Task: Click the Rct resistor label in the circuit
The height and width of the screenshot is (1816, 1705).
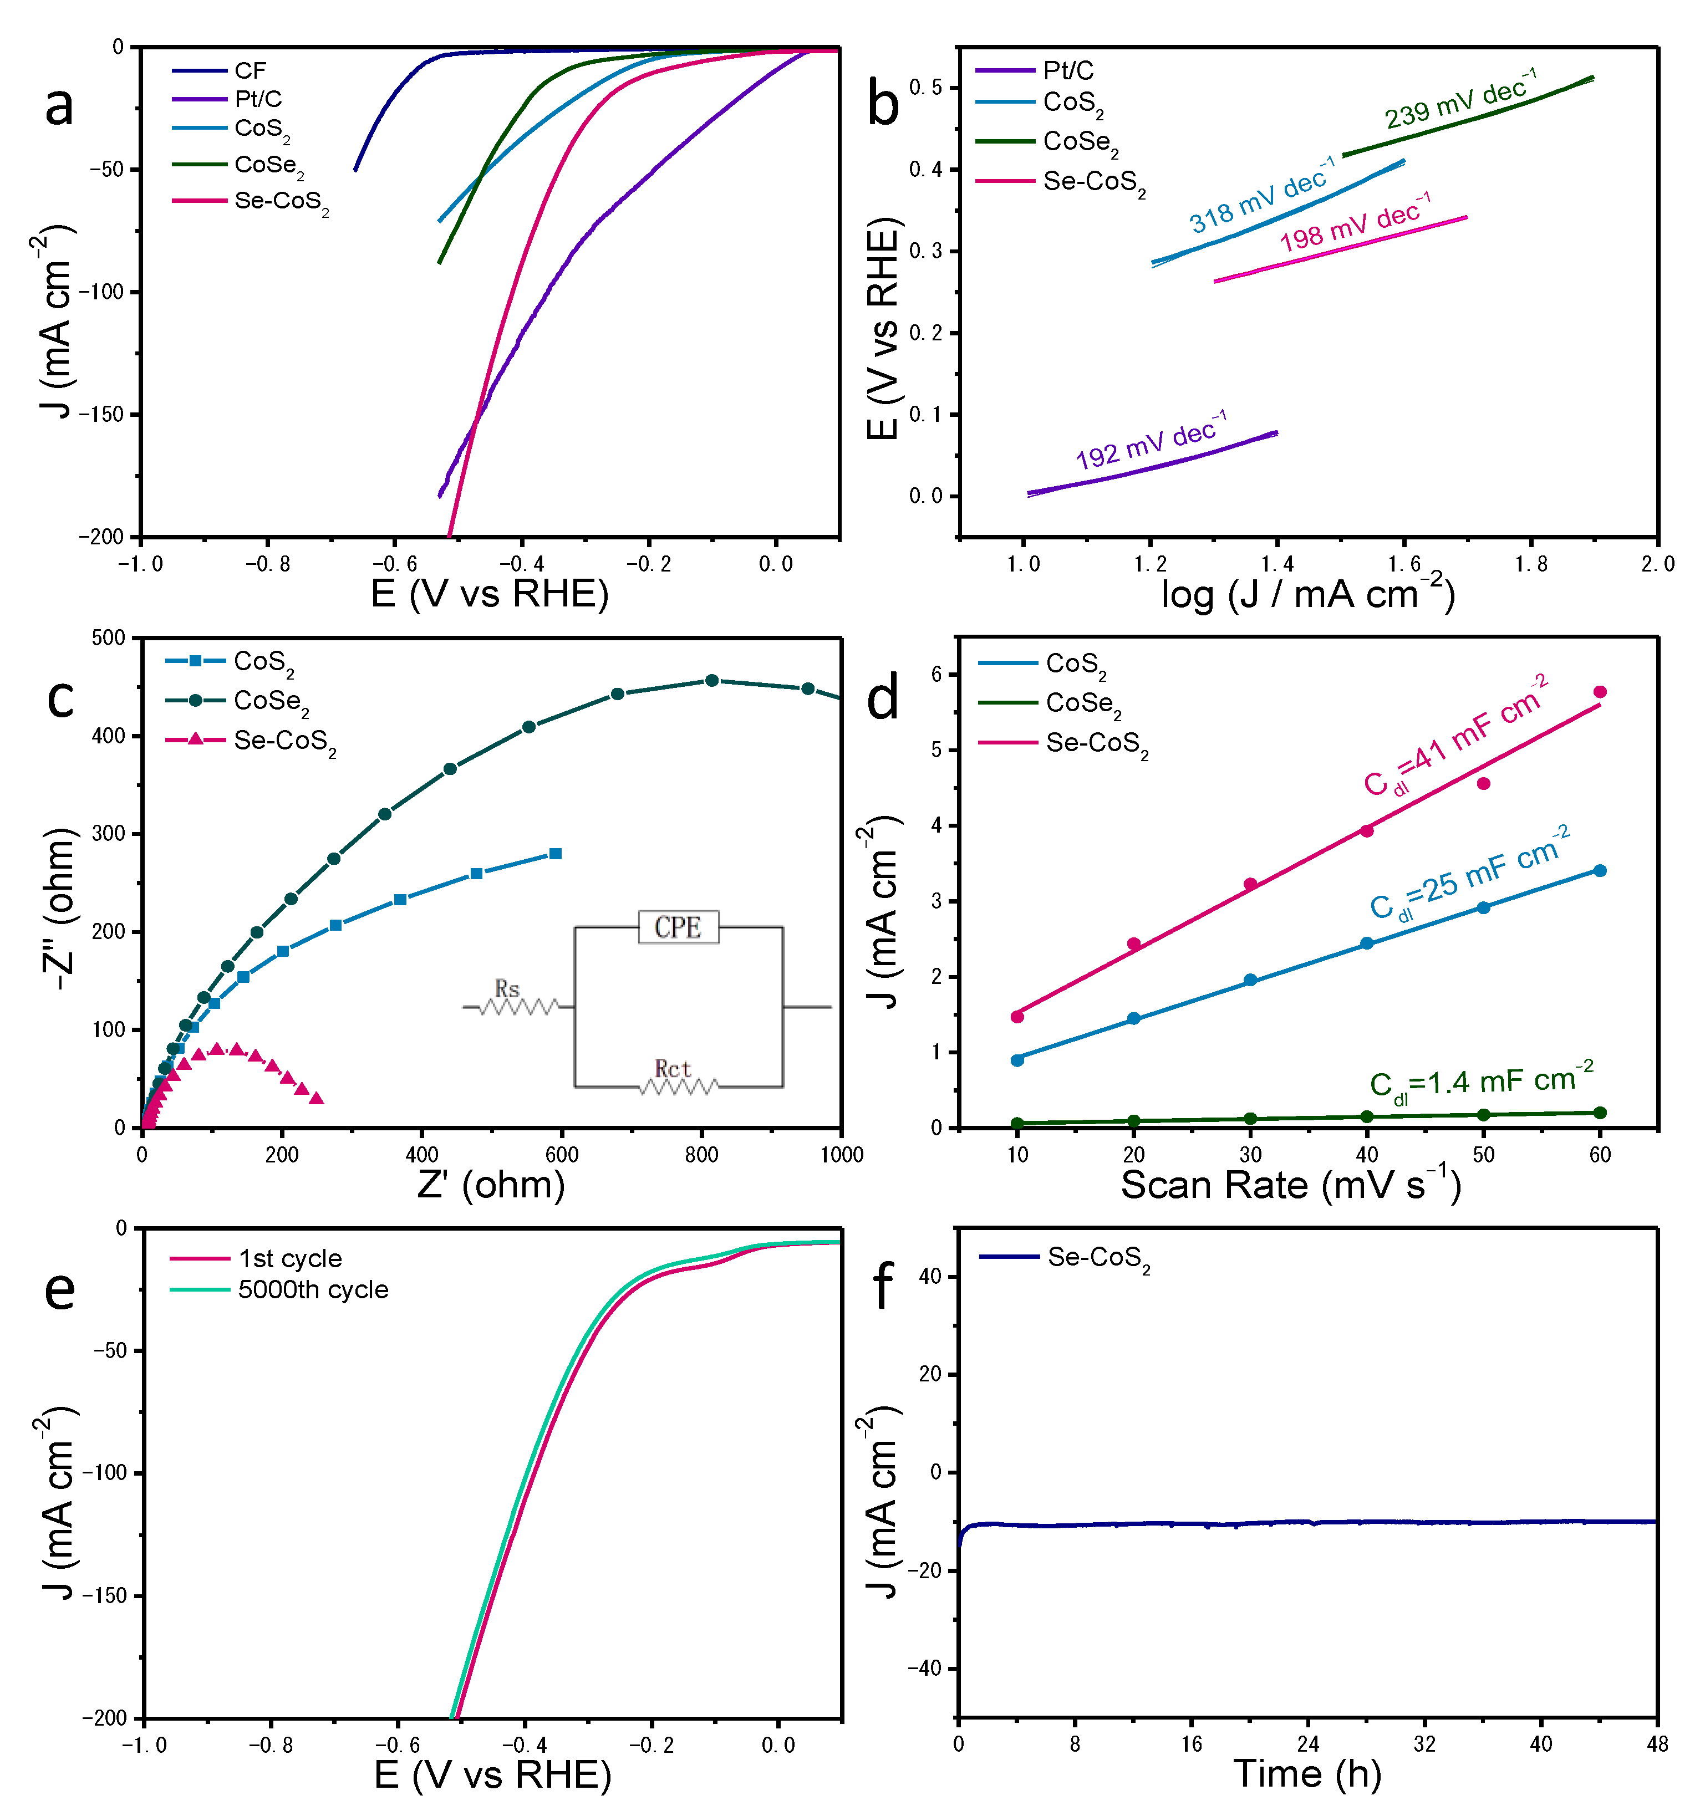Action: tap(673, 1068)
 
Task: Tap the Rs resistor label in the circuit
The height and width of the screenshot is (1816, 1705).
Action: tap(507, 988)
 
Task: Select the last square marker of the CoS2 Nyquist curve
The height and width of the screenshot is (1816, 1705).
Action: tap(554, 853)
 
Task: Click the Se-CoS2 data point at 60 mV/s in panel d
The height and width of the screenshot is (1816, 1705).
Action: tap(1600, 691)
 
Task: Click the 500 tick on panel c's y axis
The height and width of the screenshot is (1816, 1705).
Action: tap(109, 637)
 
